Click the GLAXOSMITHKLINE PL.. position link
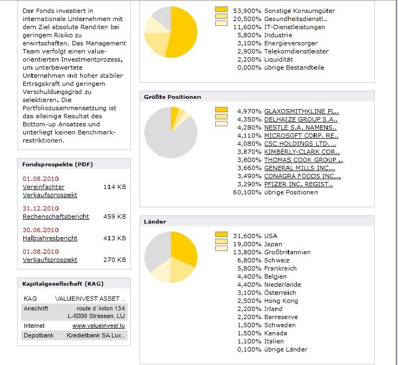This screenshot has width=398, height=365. click(301, 111)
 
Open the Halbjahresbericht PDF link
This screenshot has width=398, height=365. click(50, 238)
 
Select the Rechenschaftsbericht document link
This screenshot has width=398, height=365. click(56, 217)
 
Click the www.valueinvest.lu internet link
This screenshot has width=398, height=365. click(98, 326)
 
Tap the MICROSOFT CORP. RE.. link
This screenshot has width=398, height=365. click(301, 136)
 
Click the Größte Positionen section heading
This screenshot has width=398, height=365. click(172, 97)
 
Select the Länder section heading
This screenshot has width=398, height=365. click(155, 222)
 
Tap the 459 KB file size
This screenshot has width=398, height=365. click(114, 217)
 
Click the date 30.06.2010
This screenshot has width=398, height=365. click(41, 230)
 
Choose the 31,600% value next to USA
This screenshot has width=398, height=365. click(247, 236)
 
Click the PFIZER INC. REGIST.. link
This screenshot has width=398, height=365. click(298, 184)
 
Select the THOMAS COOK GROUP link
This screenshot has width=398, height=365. click(303, 160)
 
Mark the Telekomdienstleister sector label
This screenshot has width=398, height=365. click(296, 51)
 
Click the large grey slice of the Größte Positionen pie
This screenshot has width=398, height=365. click(162, 140)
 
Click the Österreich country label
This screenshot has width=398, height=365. click(280, 293)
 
